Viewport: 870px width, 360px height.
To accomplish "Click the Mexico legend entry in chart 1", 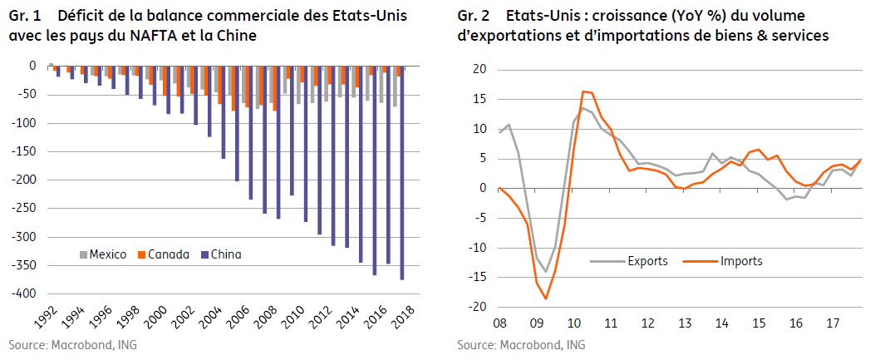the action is pyautogui.click(x=103, y=255).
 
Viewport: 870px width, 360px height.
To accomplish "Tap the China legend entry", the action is pyautogui.click(x=221, y=255).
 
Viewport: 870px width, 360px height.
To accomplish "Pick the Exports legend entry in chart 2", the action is pyautogui.click(x=629, y=260).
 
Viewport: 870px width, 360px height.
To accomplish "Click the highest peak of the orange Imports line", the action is pyautogui.click(x=583, y=91).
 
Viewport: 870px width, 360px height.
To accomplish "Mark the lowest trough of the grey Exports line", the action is pyautogui.click(x=546, y=272).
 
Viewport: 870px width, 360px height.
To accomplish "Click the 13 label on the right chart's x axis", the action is pyautogui.click(x=684, y=323).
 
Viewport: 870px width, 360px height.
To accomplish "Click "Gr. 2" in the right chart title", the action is pyautogui.click(x=472, y=16).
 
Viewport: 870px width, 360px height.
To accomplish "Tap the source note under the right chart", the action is pyautogui.click(x=521, y=345).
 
